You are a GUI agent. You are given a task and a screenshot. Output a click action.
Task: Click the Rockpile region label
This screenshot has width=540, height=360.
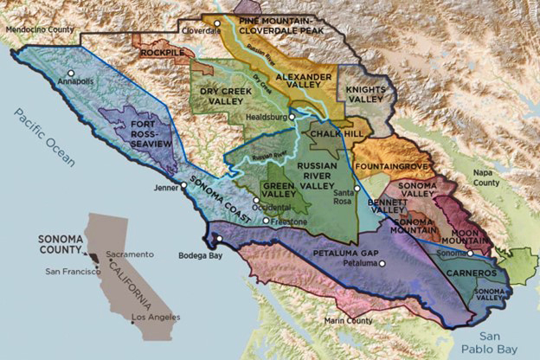click(162, 53)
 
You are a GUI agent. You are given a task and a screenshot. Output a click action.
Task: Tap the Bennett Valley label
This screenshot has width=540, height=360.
click(387, 206)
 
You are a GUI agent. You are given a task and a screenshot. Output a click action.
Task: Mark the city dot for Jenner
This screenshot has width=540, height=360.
click(183, 185)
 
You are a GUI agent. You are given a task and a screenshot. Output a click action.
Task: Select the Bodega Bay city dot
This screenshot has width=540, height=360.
click(219, 240)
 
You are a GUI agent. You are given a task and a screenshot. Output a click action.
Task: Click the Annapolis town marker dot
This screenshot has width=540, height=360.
click(72, 73)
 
